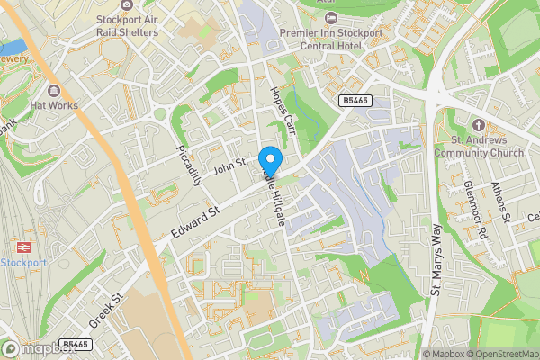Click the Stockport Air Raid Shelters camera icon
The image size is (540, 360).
click(127, 5)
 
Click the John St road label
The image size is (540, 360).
click(229, 166)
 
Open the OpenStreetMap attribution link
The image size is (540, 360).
click(501, 353)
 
